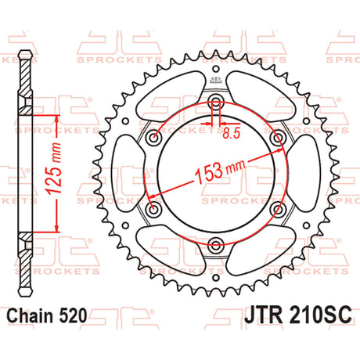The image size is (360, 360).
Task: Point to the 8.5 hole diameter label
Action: pos(231,134)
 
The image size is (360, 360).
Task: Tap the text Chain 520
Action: pos(46,315)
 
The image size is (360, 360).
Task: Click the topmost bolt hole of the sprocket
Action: pos(215,101)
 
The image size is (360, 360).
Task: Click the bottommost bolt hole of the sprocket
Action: pos(215,245)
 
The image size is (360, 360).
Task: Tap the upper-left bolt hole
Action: pos(153,137)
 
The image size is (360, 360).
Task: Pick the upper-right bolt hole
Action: pos(278,137)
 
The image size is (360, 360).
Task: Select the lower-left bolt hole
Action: pos(153,209)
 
